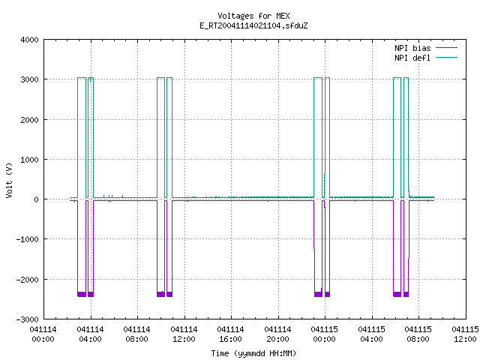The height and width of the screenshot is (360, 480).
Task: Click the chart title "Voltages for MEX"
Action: (253, 16)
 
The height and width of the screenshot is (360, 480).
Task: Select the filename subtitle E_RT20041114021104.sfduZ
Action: (253, 25)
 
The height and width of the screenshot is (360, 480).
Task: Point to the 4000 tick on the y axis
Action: (29, 40)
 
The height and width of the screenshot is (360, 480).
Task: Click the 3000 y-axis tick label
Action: (29, 79)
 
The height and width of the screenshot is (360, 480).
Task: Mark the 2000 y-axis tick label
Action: (29, 120)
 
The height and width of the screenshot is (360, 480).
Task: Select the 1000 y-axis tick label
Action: (29, 160)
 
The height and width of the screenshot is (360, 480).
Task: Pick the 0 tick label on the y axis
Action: (36, 199)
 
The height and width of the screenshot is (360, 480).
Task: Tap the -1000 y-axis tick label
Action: (27, 239)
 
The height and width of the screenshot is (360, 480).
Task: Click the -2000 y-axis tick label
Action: (27, 280)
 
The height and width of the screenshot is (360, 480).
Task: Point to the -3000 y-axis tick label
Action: (27, 319)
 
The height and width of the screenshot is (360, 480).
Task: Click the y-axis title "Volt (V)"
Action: (9, 181)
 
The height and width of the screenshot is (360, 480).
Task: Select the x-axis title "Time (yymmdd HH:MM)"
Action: (253, 353)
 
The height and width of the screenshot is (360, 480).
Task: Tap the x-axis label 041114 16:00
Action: (230, 334)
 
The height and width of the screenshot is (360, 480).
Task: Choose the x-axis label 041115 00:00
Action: (324, 334)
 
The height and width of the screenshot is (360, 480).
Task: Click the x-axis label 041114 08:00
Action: (136, 334)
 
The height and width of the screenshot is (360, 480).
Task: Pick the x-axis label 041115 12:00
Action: (465, 334)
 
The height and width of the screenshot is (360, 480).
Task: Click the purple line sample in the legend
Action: (446, 48)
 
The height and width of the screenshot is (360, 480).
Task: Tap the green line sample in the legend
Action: (446, 57)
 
